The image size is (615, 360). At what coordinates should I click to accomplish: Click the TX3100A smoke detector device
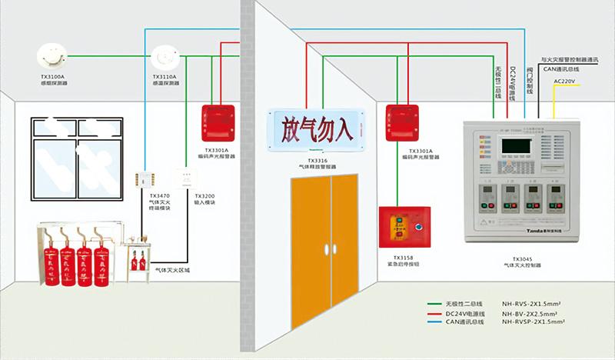pyautogui.click(x=52, y=56)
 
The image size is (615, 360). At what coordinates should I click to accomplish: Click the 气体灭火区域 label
pyautogui.click(x=171, y=270)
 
